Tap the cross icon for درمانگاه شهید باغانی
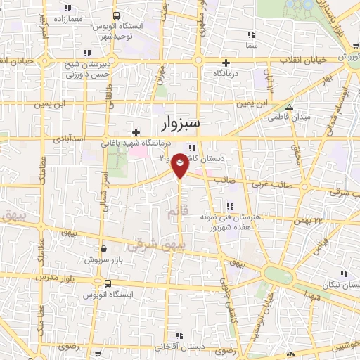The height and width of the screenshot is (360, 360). [x=136, y=131]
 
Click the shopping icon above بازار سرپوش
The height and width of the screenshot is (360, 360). [x=104, y=248]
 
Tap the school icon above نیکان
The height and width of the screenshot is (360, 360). [x=344, y=274]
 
